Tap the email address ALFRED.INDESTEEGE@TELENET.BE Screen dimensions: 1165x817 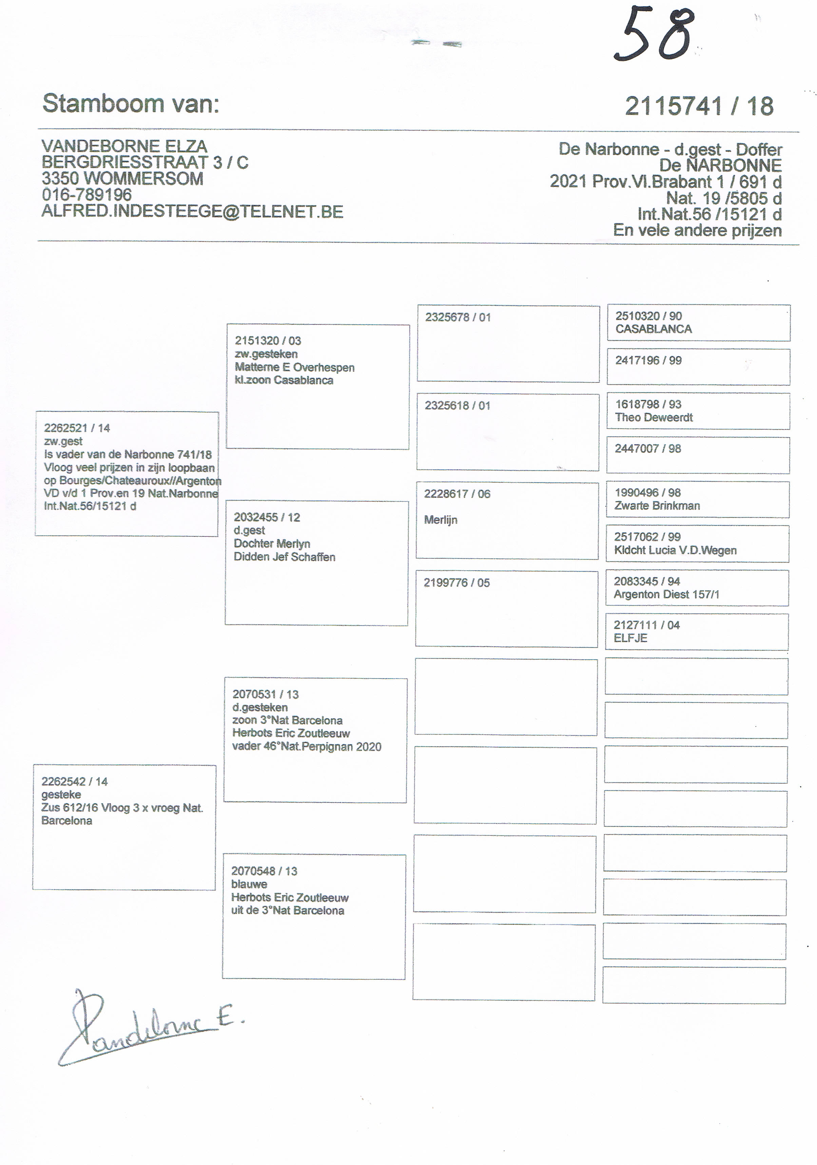tap(192, 211)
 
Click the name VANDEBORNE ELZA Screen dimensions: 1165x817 tap(124, 146)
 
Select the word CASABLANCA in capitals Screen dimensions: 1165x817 tap(654, 329)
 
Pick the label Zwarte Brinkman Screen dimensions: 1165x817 tap(657, 506)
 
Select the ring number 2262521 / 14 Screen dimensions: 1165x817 tap(77, 428)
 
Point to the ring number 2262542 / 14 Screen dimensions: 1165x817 tap(75, 782)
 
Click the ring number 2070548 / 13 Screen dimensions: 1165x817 tap(264, 871)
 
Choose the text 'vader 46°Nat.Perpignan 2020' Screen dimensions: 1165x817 tap(307, 746)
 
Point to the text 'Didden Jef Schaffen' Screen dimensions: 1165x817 tap(284, 557)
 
